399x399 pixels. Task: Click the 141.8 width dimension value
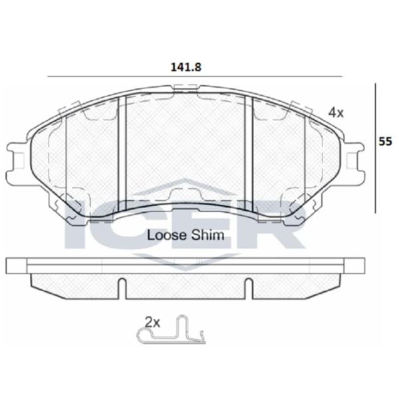(186, 67)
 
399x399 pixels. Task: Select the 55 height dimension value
(385, 142)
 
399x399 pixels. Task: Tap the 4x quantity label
(336, 112)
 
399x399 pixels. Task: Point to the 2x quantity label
(152, 323)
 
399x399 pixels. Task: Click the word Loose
(167, 235)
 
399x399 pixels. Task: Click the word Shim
(207, 235)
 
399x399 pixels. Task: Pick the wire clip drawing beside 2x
(172, 330)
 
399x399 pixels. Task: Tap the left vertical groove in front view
(122, 154)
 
